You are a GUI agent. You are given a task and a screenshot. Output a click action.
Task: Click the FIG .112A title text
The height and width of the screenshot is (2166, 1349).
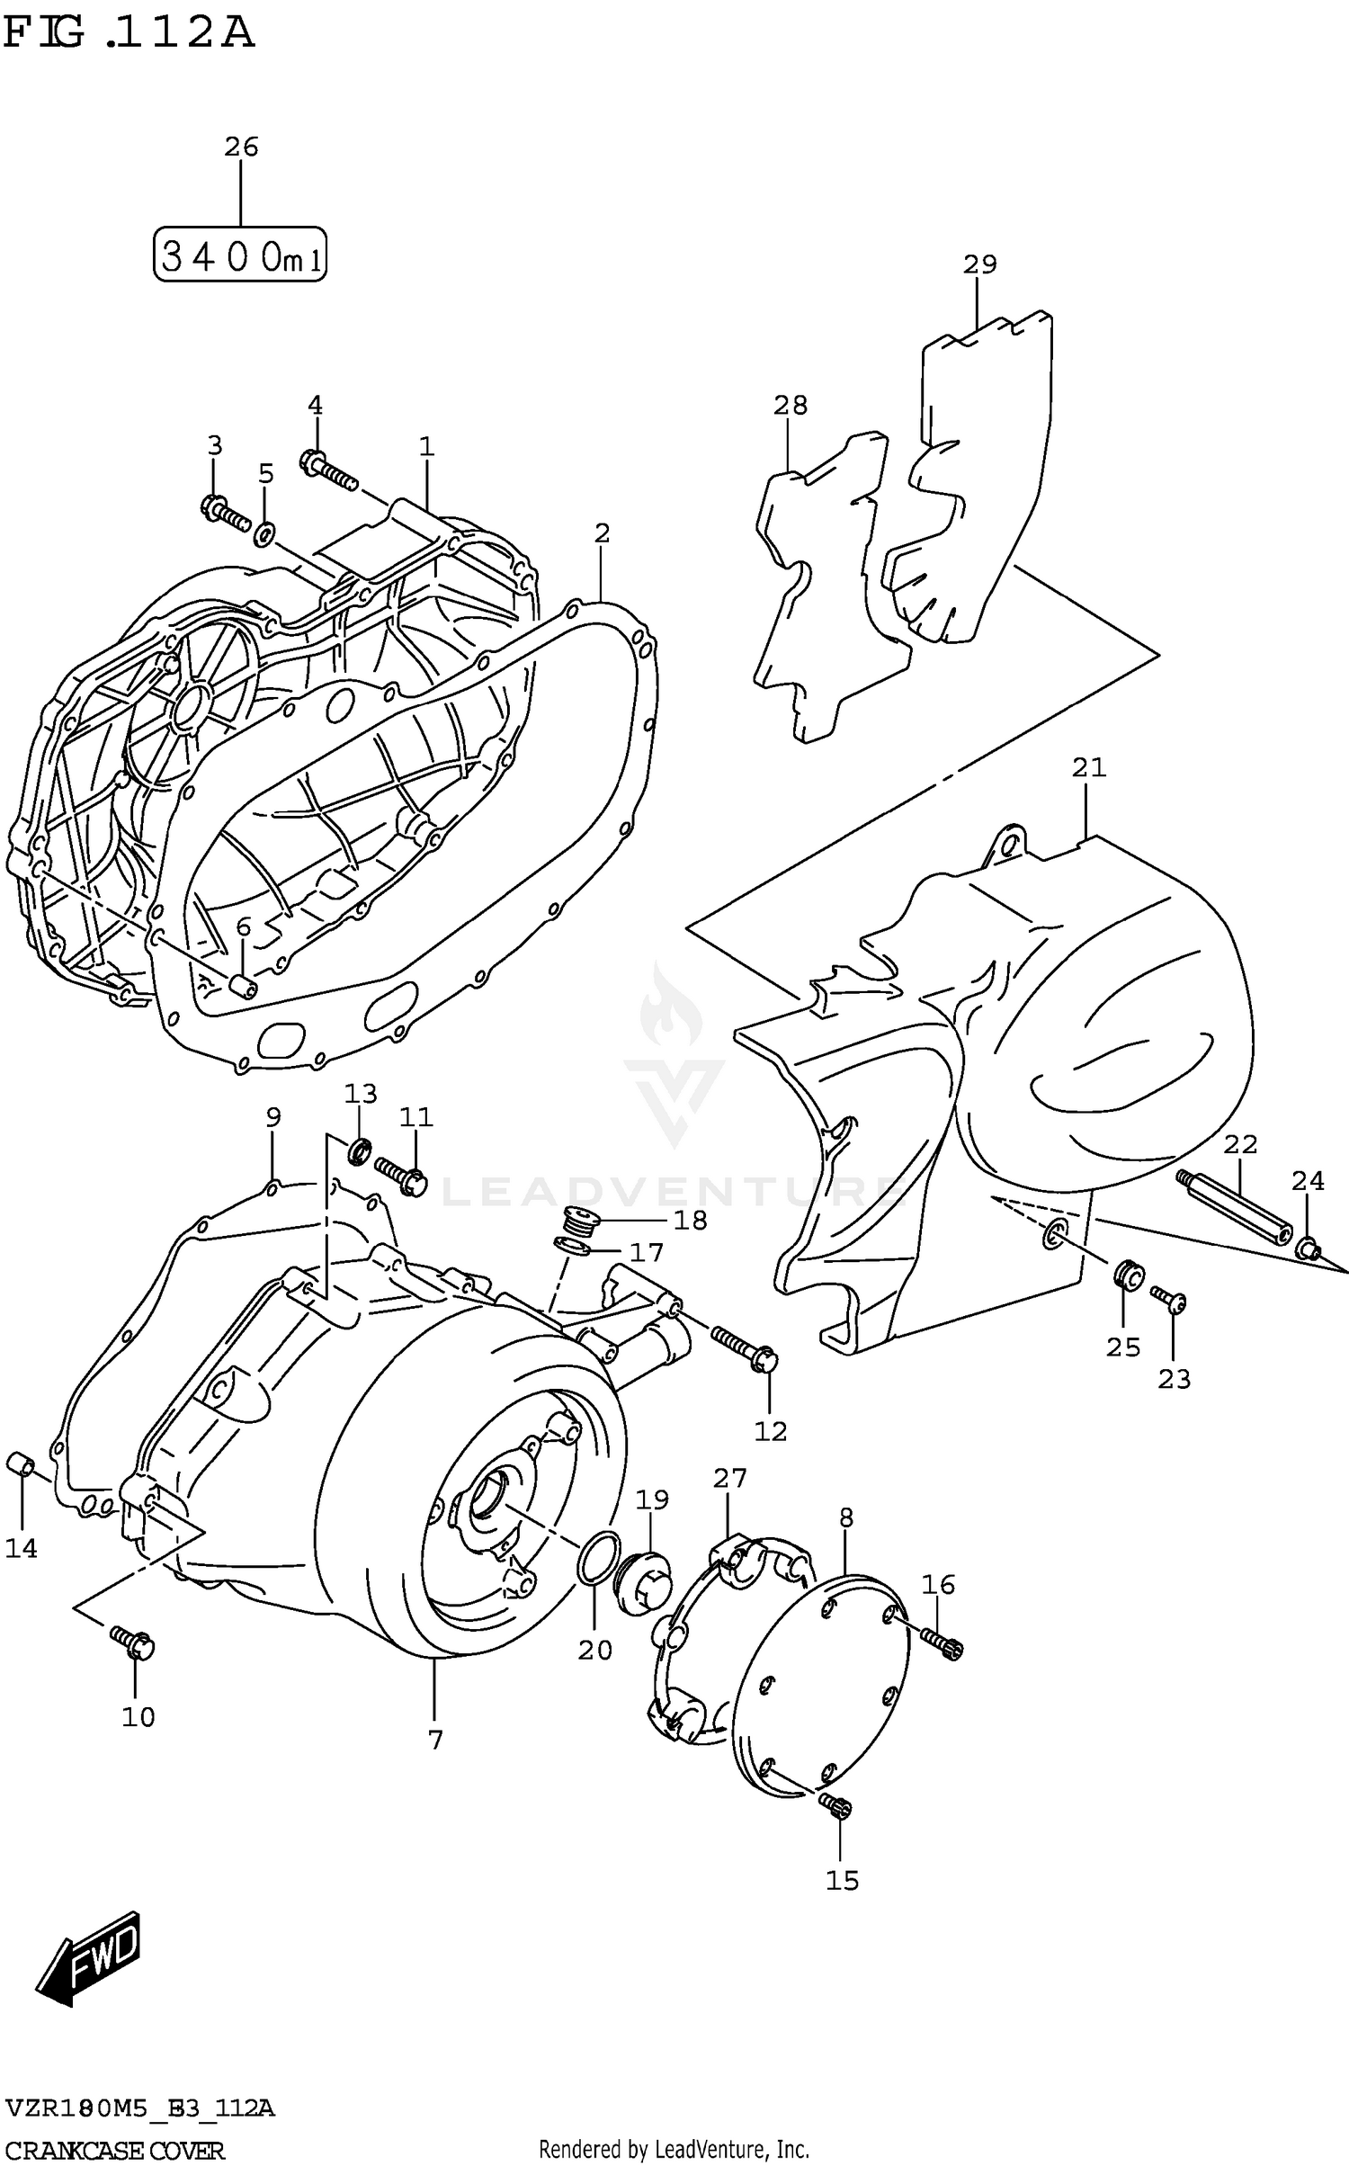(x=128, y=33)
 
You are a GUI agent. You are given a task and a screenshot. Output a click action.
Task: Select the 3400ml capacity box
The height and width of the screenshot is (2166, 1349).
(x=239, y=255)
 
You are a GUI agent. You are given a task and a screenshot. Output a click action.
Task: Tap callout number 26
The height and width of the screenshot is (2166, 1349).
(x=241, y=147)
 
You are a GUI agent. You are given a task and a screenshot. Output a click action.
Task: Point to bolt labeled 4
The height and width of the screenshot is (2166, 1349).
(x=327, y=470)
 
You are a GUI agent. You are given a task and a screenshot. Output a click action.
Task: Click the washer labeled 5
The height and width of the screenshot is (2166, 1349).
(x=264, y=534)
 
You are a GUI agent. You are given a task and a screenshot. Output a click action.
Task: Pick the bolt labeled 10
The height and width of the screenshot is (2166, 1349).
(x=133, y=1642)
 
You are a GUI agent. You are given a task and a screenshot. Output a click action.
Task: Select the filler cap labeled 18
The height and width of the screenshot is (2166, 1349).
(x=576, y=1222)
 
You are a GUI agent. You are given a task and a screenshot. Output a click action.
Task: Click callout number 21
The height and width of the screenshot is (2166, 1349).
(x=1088, y=767)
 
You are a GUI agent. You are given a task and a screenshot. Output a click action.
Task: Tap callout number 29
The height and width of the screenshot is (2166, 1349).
(x=979, y=264)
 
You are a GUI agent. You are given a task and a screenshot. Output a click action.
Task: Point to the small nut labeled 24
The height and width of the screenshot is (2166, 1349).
(x=1308, y=1249)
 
